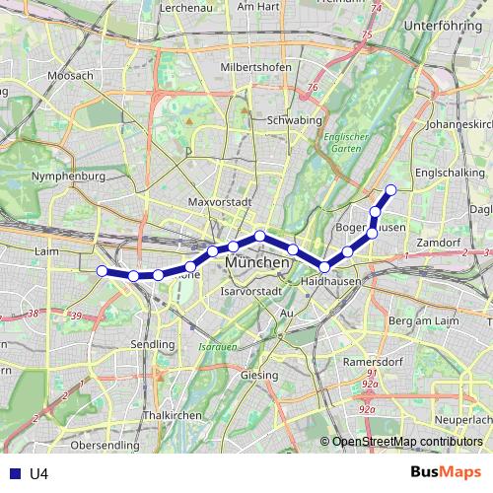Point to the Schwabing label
pyautogui.click(x=295, y=120)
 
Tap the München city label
pyautogui.click(x=257, y=264)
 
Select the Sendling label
pyautogui.click(x=153, y=344)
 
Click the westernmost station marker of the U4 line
pyautogui.click(x=102, y=271)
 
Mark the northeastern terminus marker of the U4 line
pyautogui.click(x=391, y=189)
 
